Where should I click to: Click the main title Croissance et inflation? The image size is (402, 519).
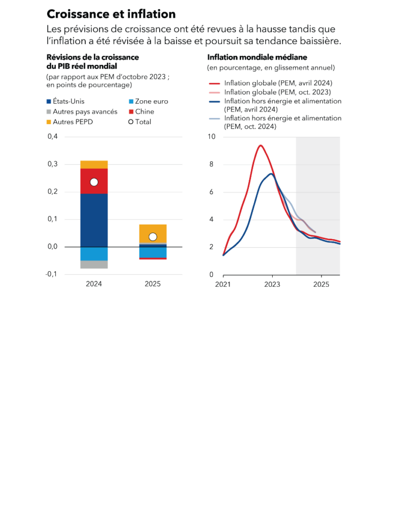click(x=111, y=14)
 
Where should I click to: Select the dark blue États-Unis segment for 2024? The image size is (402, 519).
click(x=94, y=220)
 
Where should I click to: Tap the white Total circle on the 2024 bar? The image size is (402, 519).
click(x=94, y=182)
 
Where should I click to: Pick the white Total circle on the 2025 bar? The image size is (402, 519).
click(x=153, y=237)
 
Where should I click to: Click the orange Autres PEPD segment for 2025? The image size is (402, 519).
click(x=153, y=230)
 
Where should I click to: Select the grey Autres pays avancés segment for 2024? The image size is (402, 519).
click(x=94, y=264)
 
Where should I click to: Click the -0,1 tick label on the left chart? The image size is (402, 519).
click(x=52, y=274)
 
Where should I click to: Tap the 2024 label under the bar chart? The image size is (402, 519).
click(x=94, y=284)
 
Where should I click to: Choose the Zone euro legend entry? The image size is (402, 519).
click(x=148, y=101)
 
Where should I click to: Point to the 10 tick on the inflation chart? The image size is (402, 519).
click(x=211, y=137)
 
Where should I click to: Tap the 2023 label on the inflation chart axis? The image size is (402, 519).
click(x=272, y=284)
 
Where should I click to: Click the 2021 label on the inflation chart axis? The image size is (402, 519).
click(x=223, y=284)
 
